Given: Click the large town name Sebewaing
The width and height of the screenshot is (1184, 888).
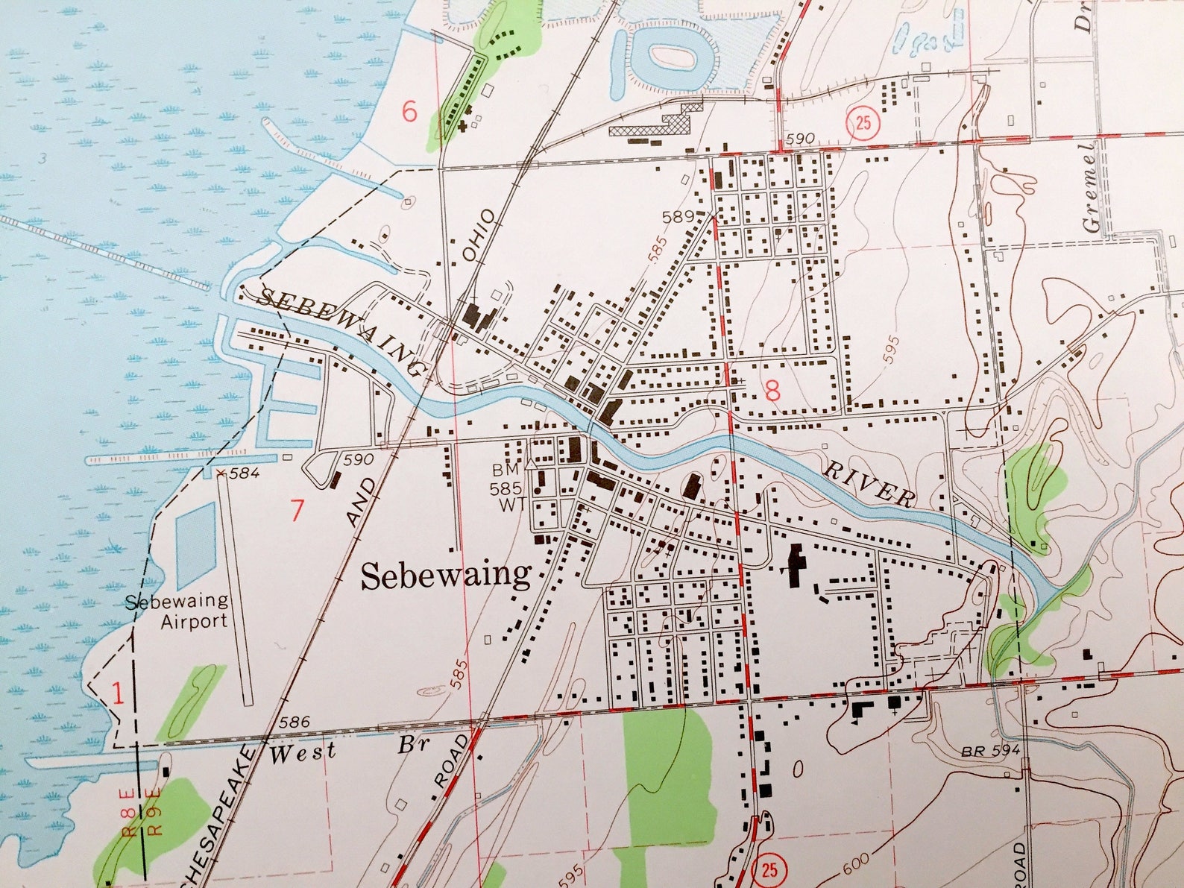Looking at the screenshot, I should coord(445,576).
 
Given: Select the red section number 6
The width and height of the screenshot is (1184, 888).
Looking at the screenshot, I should coord(409,112).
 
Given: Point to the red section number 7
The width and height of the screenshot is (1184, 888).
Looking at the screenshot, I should coord(297,511).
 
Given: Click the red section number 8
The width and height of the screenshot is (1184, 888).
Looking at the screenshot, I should coord(772,389).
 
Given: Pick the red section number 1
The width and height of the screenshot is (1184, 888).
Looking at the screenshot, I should coord(117,693).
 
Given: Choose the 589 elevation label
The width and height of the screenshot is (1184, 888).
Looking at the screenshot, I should coord(678,217).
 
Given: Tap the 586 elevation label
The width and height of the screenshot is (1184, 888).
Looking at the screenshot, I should coord(294,722).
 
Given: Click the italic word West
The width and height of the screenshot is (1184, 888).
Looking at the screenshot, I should coord(302,752).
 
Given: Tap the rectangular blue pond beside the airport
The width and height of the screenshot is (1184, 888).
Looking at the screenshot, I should coord(195,545).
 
